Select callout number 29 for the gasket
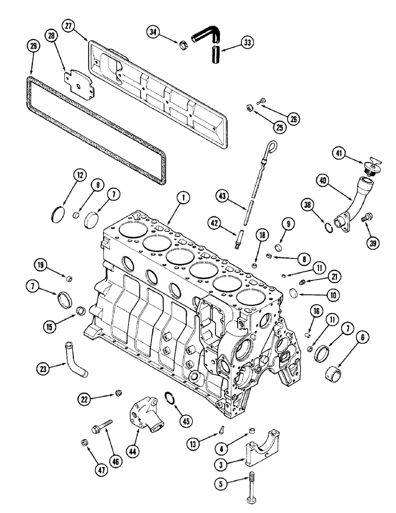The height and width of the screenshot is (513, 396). (33, 47)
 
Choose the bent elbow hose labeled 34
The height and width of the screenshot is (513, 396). (205, 38)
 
